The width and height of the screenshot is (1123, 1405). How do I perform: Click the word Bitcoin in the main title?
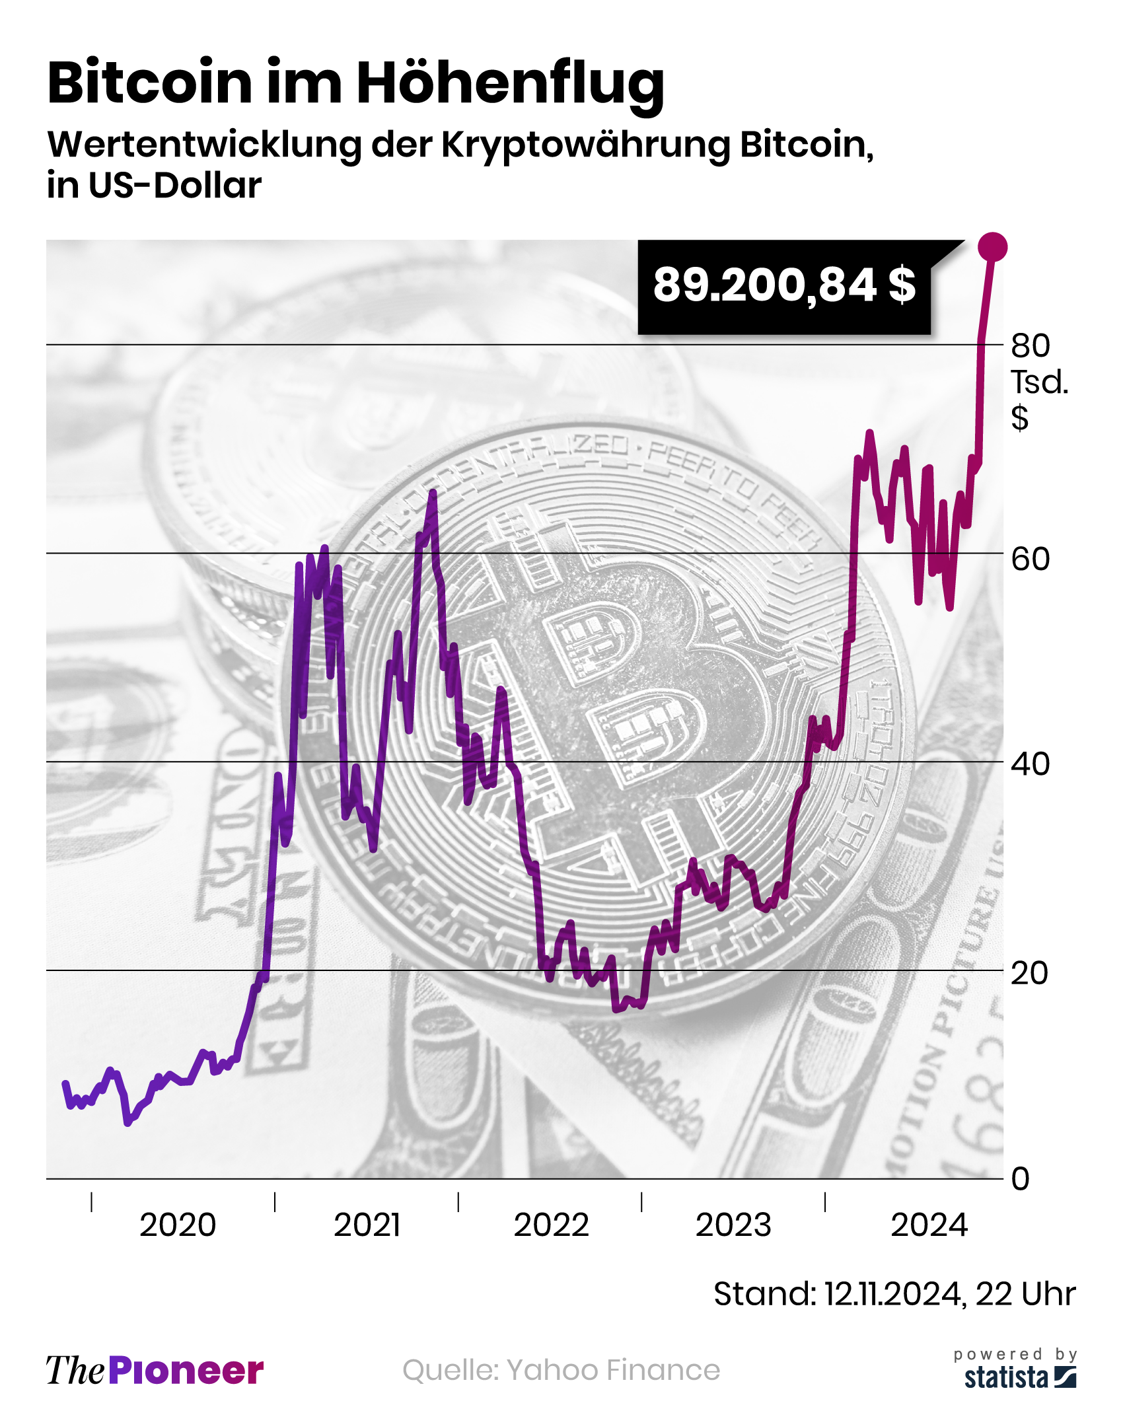(x=150, y=83)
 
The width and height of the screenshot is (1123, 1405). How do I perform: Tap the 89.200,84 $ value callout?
(x=784, y=286)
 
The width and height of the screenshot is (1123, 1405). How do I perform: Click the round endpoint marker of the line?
(x=992, y=247)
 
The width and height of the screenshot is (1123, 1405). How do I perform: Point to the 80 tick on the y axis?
(x=1030, y=345)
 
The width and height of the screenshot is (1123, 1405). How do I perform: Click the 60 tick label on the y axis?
(x=1030, y=559)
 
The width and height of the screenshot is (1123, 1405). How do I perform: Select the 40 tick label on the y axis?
(x=1030, y=764)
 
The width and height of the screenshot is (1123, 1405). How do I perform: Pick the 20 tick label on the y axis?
(x=1029, y=973)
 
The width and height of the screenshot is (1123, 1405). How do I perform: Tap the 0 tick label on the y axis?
(x=1021, y=1178)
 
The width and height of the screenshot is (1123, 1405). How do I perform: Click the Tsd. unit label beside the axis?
(x=1039, y=382)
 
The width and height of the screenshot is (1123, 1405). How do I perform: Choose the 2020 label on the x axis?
(x=178, y=1225)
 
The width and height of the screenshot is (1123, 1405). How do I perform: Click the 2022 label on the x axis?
(x=551, y=1225)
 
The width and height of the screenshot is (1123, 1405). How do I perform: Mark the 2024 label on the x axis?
(x=929, y=1225)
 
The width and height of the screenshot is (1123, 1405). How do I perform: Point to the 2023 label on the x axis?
(x=733, y=1225)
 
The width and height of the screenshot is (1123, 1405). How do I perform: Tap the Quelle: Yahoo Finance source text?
(x=561, y=1370)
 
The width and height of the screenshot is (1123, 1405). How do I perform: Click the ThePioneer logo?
(x=155, y=1370)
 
